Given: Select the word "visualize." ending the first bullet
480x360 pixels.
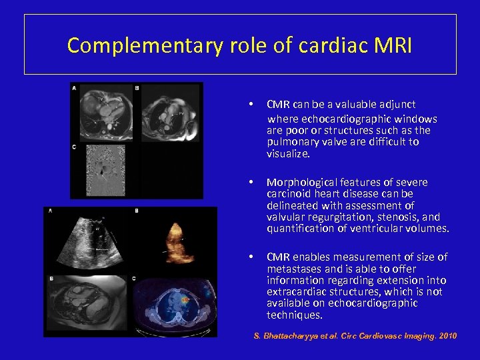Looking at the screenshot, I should point(288,153).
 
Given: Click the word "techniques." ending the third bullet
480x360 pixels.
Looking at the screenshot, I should point(295,315).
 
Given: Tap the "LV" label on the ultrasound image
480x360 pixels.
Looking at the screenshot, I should point(97,227).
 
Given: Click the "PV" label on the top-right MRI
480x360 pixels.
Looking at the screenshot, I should point(181,114).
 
